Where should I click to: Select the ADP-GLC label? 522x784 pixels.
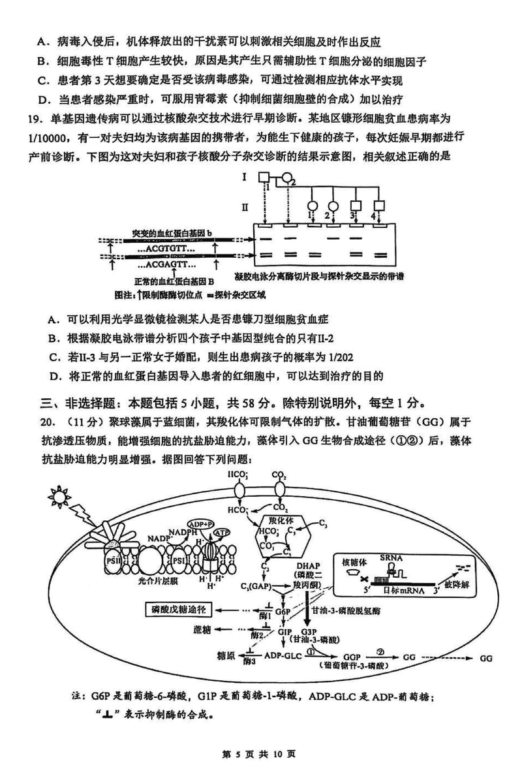tap(281, 655)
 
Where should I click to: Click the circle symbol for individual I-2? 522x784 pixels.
tap(286, 178)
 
